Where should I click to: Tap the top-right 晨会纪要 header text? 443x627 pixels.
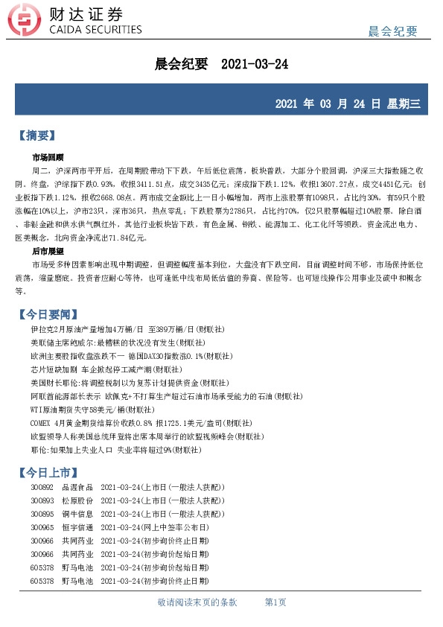coord(393,31)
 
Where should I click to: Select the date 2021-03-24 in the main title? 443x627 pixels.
coord(255,64)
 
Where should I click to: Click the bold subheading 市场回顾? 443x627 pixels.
coord(48,158)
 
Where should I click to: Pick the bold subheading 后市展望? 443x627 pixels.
coord(48,252)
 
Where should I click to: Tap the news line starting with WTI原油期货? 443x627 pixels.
coord(93,409)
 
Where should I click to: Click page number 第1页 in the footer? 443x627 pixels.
coord(275,602)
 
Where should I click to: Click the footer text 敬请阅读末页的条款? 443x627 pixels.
coord(197,602)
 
